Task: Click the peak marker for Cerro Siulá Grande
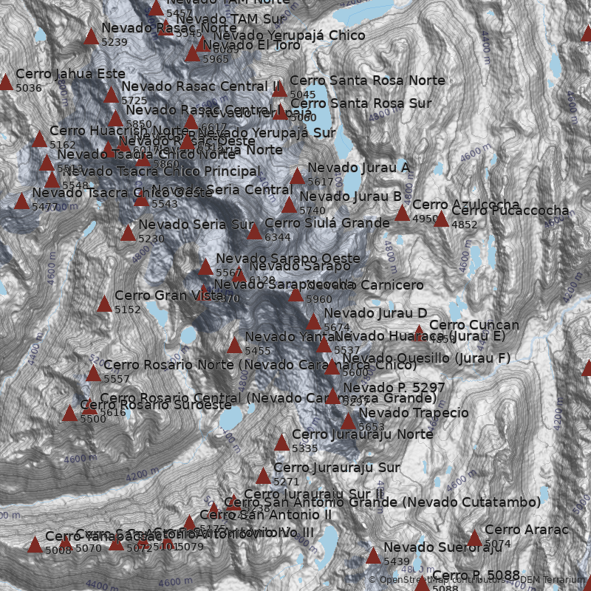[254, 232]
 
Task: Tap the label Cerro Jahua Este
[70, 74]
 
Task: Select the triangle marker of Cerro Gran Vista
[104, 304]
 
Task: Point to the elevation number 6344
[278, 237]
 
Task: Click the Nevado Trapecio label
[414, 413]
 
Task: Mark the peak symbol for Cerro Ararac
[474, 539]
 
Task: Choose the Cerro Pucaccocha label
[510, 211]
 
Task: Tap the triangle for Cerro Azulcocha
[402, 214]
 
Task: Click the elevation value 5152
[127, 310]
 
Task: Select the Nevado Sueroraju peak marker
[373, 556]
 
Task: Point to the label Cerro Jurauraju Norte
[362, 434]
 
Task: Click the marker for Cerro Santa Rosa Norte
[279, 89]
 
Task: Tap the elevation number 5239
[114, 42]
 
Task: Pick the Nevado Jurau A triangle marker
[297, 177]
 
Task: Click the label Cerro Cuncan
[474, 325]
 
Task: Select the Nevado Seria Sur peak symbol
[128, 233]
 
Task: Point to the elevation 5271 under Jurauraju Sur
[287, 482]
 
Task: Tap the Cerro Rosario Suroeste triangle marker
[69, 414]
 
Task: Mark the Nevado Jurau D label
[375, 313]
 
